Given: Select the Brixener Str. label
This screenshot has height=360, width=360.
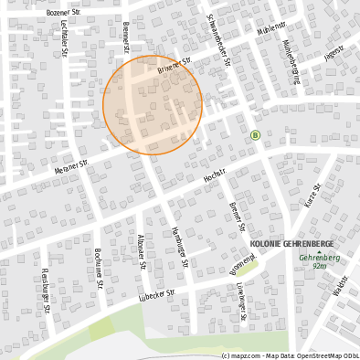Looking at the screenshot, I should pyautogui.click(x=173, y=67).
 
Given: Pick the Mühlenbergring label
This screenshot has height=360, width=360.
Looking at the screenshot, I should pyautogui.click(x=291, y=61).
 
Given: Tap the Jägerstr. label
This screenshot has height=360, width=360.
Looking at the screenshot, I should pyautogui.click(x=334, y=53).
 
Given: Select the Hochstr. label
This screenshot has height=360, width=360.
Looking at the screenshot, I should pyautogui.click(x=215, y=178).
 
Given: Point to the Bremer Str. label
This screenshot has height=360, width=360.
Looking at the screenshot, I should pyautogui.click(x=237, y=217).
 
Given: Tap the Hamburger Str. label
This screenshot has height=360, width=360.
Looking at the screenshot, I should pyautogui.click(x=180, y=246).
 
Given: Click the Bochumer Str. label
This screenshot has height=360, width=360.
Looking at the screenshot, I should pyautogui.click(x=98, y=264).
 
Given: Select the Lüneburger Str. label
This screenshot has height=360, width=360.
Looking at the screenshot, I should pyautogui.click(x=242, y=302).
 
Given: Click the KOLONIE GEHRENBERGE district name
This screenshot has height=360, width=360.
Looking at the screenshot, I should pyautogui.click(x=291, y=245).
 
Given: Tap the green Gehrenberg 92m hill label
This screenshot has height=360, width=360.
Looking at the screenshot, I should pyautogui.click(x=319, y=261).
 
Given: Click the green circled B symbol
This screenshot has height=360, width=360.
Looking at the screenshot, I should pyautogui.click(x=255, y=135).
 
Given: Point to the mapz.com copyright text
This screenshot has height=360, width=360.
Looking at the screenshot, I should pyautogui.click(x=290, y=355).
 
